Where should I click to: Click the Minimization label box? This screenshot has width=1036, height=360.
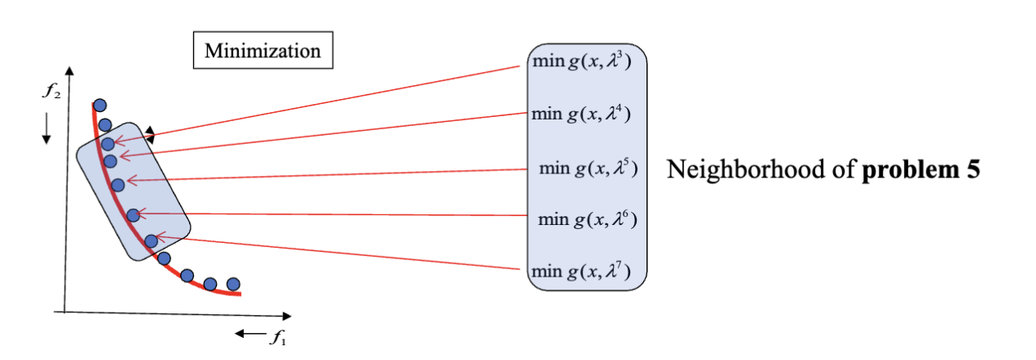pos(263,52)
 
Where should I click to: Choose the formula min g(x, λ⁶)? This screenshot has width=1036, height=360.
pos(587,219)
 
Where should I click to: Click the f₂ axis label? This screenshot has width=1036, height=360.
pos(51,91)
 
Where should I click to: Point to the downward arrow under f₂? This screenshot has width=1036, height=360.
pos(47,128)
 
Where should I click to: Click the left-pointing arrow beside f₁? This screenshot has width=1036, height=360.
pos(247,334)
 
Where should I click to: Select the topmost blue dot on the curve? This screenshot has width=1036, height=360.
pos(100,105)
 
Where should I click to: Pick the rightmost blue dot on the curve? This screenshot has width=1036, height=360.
pos(233,284)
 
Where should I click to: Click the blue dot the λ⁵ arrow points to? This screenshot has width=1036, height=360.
pos(118,185)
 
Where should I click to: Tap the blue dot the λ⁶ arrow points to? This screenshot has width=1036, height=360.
pos(133,215)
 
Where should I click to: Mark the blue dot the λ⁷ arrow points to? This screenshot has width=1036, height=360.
pos(151,241)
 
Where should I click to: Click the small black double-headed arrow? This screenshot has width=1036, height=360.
pos(149,133)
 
